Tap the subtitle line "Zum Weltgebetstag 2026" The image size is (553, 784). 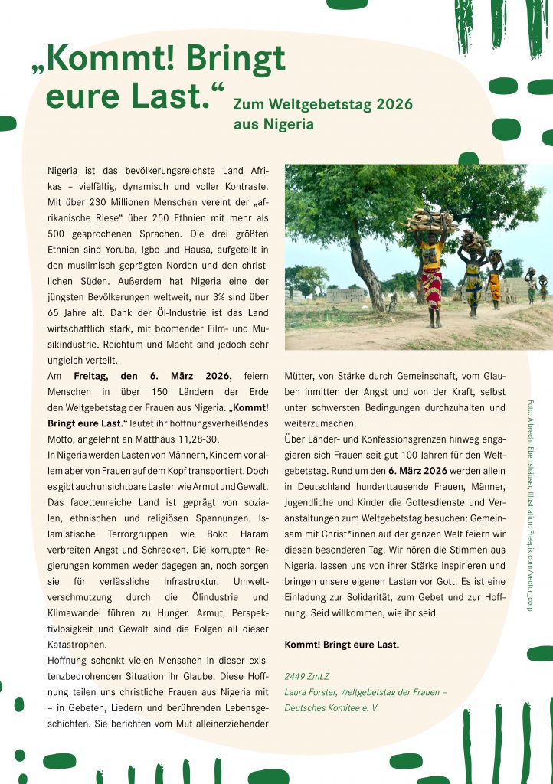322,104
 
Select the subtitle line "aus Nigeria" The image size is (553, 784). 273,123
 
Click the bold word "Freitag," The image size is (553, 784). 94,375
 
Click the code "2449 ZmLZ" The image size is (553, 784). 305,676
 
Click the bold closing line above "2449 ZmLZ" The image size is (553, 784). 342,645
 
